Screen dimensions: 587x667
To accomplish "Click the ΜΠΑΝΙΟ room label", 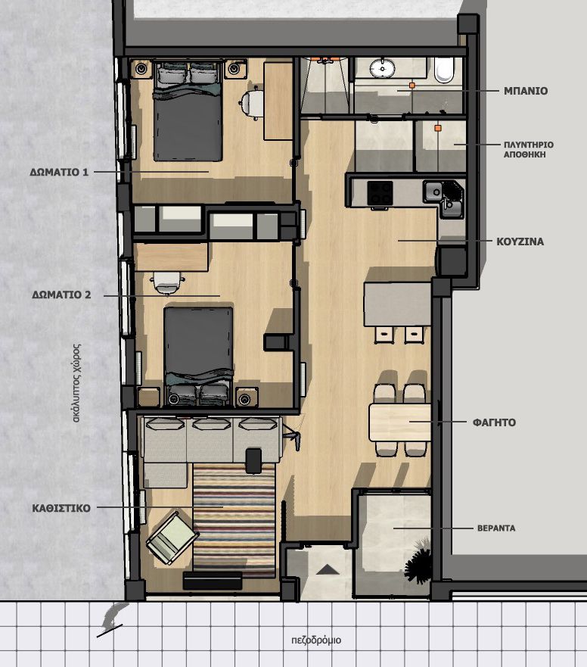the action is point(526,91).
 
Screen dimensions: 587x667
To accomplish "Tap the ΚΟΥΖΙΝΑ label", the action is point(520,242).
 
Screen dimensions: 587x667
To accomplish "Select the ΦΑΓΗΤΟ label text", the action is point(495,422).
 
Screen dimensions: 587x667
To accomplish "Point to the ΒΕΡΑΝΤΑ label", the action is point(496,528).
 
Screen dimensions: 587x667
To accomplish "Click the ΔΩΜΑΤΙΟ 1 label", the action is point(59,173).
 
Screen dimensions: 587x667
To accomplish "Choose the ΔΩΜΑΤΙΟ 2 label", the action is point(61,295).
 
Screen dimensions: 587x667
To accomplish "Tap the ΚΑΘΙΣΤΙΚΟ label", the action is point(61,508).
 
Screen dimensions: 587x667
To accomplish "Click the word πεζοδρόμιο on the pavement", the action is point(317,641).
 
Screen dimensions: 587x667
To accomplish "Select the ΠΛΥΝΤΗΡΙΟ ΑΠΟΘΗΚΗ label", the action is point(529,150).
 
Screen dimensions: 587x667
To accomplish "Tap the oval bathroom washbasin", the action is point(382,68).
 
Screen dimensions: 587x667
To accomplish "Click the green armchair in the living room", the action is point(172,538).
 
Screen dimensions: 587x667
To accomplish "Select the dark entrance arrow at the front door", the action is point(327,569).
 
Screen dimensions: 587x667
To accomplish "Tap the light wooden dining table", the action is point(400,422).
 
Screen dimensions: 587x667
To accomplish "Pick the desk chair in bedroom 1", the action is point(252,103).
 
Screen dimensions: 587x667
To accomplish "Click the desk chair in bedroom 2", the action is point(167,282).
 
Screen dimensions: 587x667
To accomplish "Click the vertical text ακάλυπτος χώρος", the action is point(77,383).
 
